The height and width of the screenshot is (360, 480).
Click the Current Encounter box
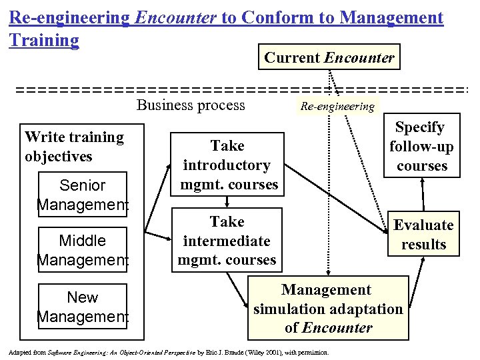pos(329,58)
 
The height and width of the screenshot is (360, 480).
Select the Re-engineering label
pos(337,106)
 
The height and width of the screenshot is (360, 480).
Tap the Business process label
pos(191,105)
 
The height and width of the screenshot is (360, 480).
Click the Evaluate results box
pos(423,235)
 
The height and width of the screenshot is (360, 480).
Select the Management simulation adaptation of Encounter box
pos(328,309)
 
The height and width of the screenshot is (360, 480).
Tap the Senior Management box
pos(83,195)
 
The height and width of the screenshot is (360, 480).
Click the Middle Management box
pos(83,249)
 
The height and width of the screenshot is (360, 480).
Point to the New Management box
pos(83,307)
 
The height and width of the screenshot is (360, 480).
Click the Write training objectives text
pos(74,147)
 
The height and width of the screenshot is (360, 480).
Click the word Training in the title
pos(44,41)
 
